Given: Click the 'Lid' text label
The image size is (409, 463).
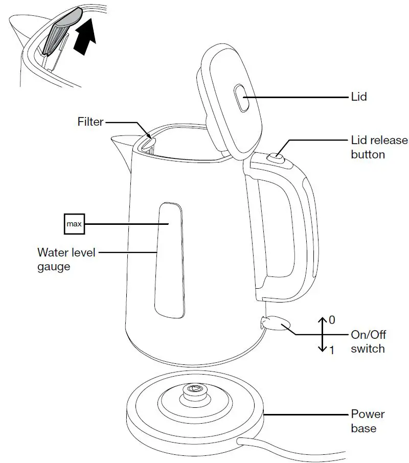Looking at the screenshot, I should coord(358,97).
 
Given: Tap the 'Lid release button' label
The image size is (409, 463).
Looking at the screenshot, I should coord(379,147).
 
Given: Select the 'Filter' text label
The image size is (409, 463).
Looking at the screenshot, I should coord(90,122).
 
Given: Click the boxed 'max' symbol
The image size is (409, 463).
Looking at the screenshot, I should coord(74,224).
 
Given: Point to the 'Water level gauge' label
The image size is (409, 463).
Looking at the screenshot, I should coord(66,260).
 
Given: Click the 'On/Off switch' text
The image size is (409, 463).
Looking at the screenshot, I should coord(368,342).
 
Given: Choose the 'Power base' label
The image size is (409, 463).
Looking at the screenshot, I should coord(368,421).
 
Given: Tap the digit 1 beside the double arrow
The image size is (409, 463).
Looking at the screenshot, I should coord(332,351).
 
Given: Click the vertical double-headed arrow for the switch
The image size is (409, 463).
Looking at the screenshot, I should coord(323,334).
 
